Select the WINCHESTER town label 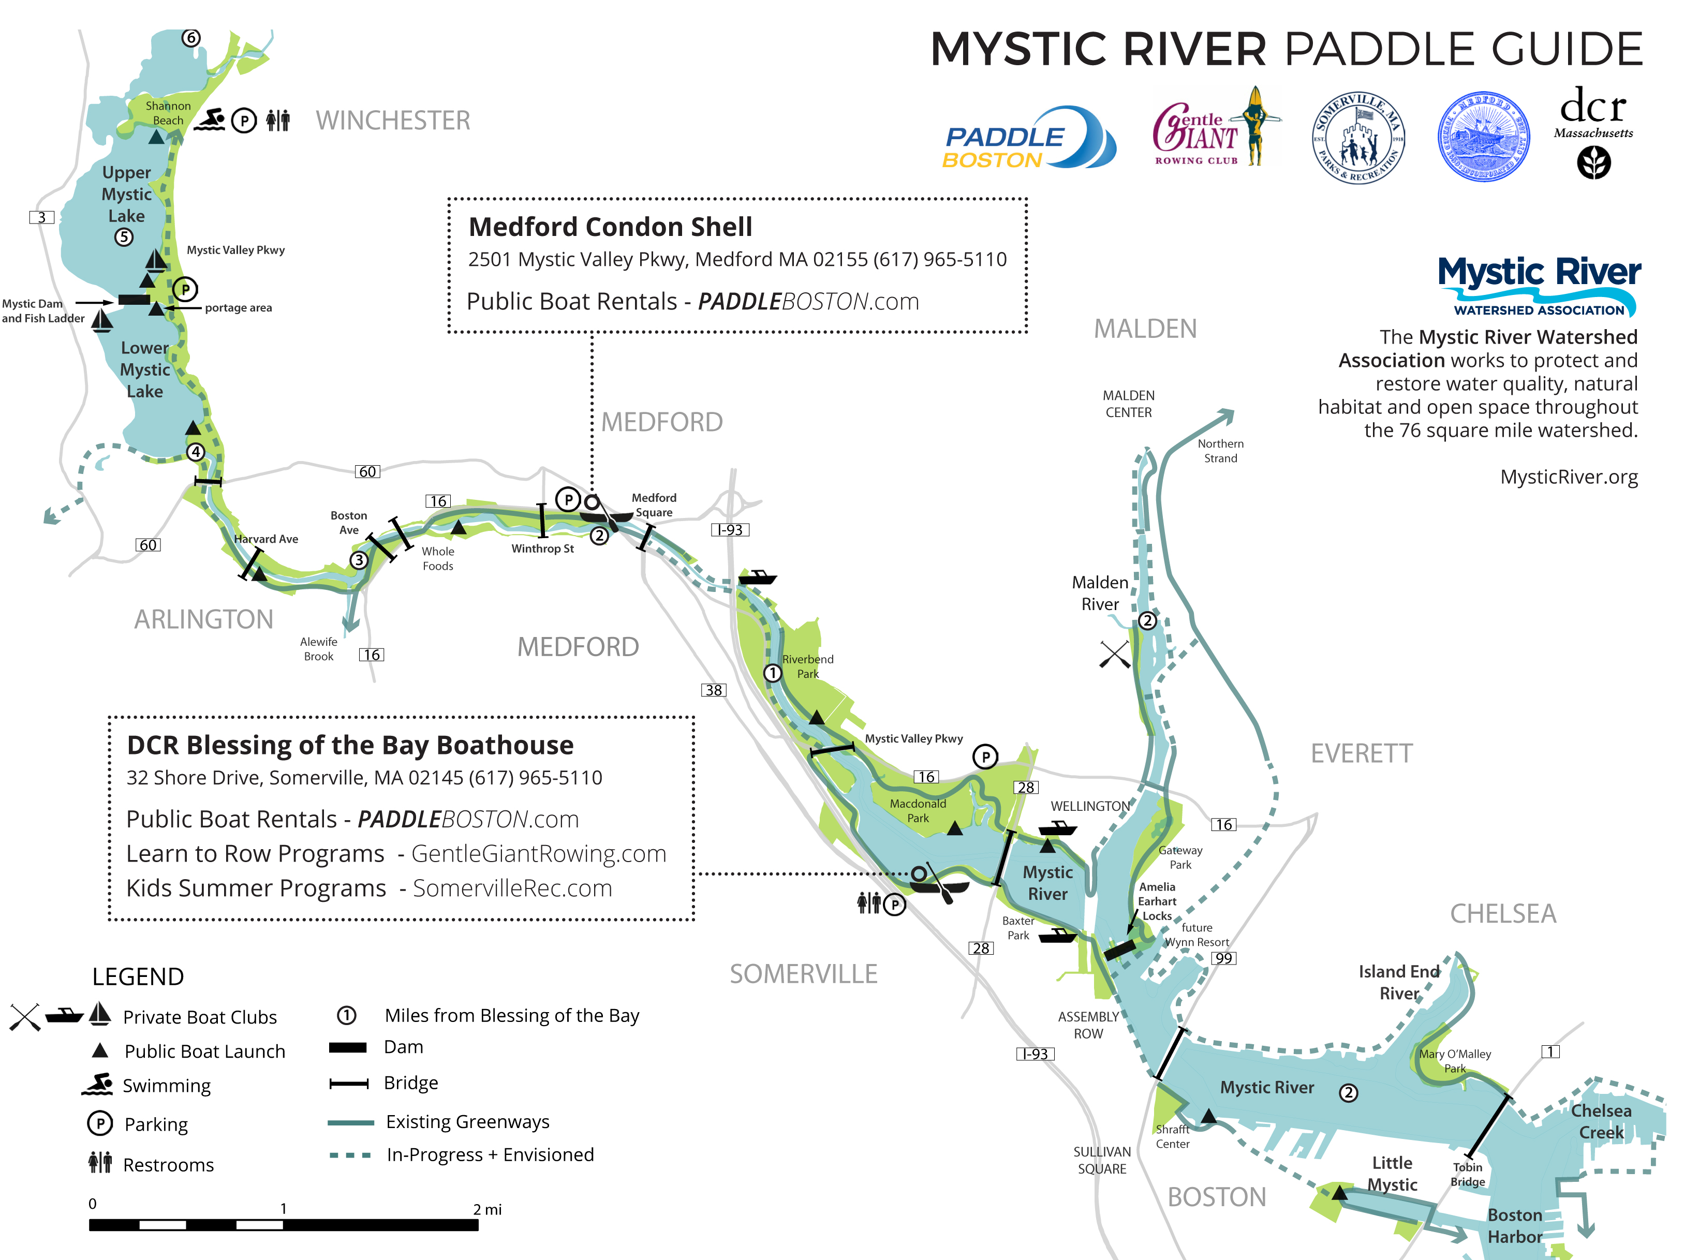click(393, 120)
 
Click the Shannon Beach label click(168, 113)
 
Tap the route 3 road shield click(42, 218)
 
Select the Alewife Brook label click(318, 649)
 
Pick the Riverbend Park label click(808, 666)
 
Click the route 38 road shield click(713, 690)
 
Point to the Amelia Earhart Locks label click(1157, 901)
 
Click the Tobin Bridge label click(1467, 1175)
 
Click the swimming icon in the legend click(97, 1085)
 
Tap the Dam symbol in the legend click(348, 1048)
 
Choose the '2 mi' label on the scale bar click(487, 1209)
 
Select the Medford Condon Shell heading click(610, 227)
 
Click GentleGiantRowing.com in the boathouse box click(538, 854)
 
